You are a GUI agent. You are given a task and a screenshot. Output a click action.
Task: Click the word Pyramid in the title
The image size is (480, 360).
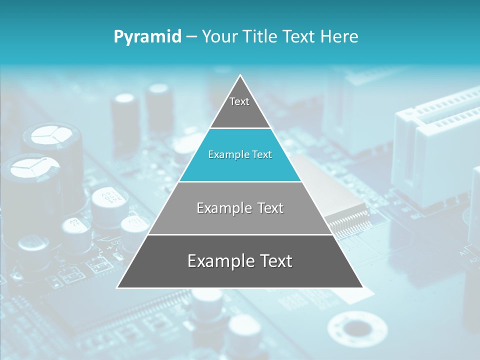[x=147, y=37]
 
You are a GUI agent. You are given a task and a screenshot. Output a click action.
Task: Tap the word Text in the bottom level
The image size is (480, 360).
[x=273, y=261]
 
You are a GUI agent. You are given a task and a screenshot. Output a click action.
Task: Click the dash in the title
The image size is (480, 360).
[x=191, y=37]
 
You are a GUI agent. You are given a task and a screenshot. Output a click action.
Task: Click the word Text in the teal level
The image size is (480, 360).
[x=261, y=155]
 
